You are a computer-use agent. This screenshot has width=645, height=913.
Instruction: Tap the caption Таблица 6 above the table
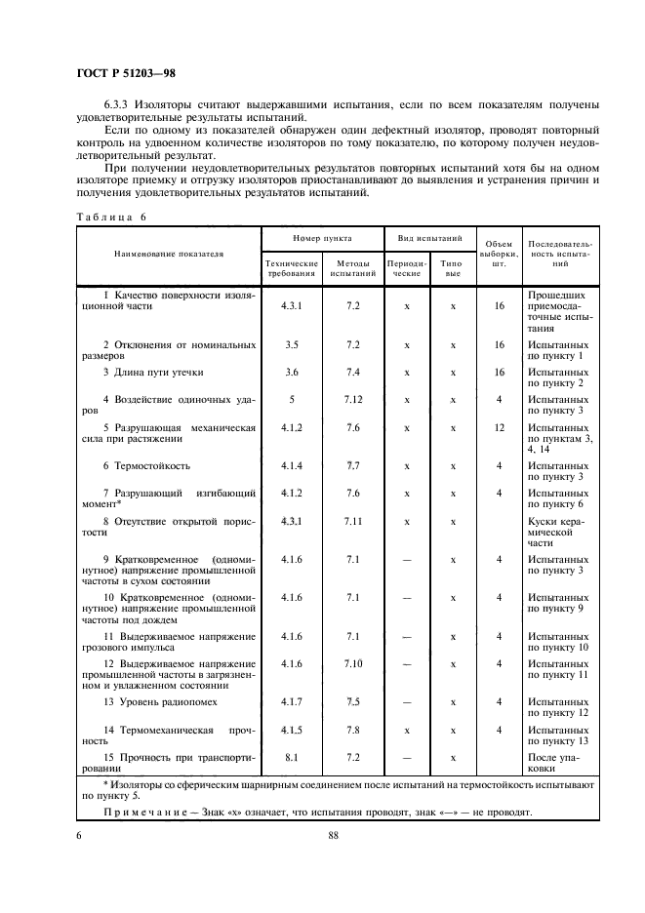[x=109, y=217]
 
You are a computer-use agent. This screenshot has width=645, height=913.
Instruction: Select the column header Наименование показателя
[x=168, y=254]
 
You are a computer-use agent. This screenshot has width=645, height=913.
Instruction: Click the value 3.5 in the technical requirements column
[x=292, y=344]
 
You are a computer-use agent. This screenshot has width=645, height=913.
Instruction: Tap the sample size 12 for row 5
[x=499, y=427]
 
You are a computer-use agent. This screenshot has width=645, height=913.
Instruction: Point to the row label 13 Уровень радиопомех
[x=160, y=701]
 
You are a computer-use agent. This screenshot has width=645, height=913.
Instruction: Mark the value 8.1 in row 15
[x=292, y=757]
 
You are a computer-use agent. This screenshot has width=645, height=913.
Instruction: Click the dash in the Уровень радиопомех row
[x=406, y=701]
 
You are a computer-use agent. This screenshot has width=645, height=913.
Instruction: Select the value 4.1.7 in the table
[x=292, y=701]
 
